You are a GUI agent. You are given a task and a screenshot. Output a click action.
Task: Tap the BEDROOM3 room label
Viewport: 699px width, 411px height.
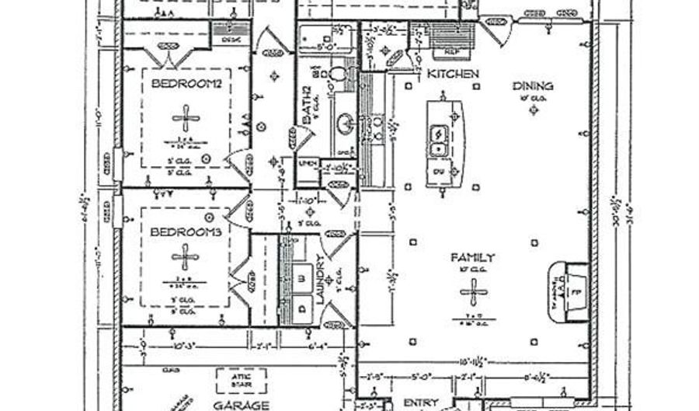[x=186, y=232]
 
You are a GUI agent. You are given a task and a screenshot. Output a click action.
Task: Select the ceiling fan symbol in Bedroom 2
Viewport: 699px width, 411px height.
[x=186, y=119]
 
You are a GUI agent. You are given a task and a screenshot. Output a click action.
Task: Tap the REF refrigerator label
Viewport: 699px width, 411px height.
[x=450, y=51]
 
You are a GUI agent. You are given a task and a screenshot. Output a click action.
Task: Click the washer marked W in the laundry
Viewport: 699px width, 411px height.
[x=298, y=277]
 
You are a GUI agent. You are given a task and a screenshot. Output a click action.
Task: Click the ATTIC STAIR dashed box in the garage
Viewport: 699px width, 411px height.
[x=240, y=379]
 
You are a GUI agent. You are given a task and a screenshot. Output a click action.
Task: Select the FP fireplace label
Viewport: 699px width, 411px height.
[x=576, y=294]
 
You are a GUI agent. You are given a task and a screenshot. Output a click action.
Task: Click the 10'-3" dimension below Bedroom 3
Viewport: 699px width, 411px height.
[x=182, y=344]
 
